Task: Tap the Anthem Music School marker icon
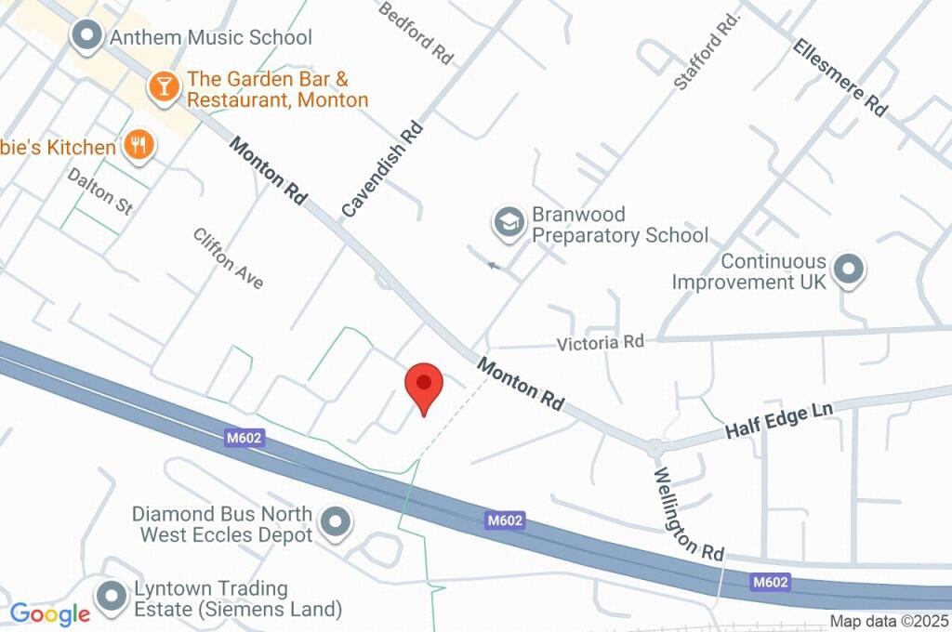pos(88,37)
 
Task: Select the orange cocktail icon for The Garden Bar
pos(164,87)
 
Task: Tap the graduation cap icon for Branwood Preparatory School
pos(509,224)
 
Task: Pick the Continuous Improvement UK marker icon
pos(848,270)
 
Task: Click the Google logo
pos(50,614)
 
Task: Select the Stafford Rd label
pos(707,51)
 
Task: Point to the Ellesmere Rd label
pos(840,76)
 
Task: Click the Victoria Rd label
pos(601,343)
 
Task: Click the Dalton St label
pos(100,191)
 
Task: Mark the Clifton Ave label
pos(229,258)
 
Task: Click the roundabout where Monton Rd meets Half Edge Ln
pos(655,448)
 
